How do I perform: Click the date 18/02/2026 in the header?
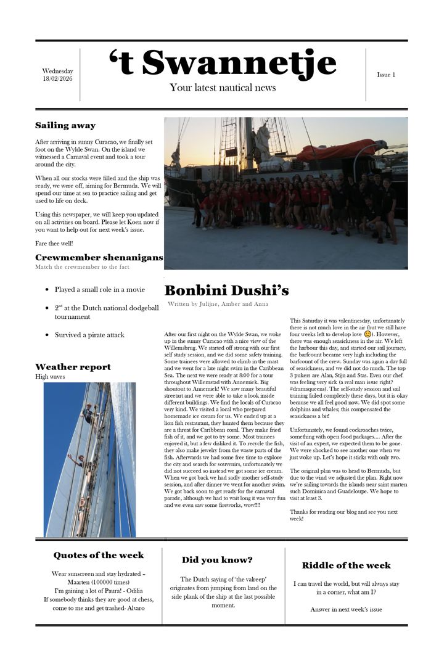[57, 79]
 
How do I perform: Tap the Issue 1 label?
[386, 75]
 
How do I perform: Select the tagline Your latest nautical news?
[223, 88]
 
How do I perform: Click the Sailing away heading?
[65, 125]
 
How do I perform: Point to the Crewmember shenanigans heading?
[99, 257]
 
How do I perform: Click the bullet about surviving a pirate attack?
[89, 335]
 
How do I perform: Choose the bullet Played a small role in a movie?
[99, 289]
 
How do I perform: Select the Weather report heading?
[73, 367]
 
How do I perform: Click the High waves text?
[50, 377]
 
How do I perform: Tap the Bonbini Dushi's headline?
[226, 290]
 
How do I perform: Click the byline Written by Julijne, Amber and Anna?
[218, 304]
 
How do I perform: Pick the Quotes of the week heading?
[99, 555]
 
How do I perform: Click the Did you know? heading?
[217, 560]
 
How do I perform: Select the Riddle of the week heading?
[346, 565]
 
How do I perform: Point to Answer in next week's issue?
[346, 609]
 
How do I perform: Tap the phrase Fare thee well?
[53, 244]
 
